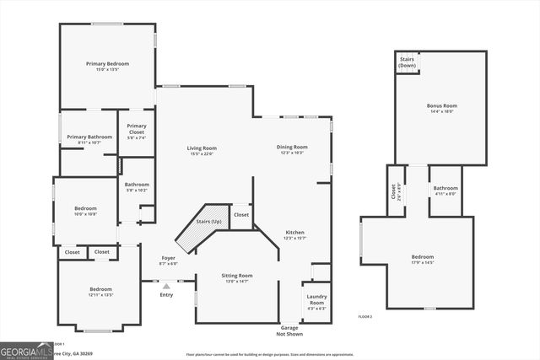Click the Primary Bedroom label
[x=107, y=63]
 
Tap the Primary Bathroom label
[x=89, y=137]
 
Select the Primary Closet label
[x=136, y=130]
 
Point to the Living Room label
[x=202, y=148]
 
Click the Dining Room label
[x=292, y=148]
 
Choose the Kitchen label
[x=294, y=233]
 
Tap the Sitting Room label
[x=236, y=276]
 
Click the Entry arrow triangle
[x=166, y=287]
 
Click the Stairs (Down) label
[x=407, y=62]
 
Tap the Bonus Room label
[x=442, y=106]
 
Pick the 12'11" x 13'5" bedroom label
[x=100, y=290]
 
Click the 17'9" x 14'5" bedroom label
[x=423, y=257]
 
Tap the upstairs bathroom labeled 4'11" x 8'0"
[x=445, y=188]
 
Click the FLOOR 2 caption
[x=364, y=316]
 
